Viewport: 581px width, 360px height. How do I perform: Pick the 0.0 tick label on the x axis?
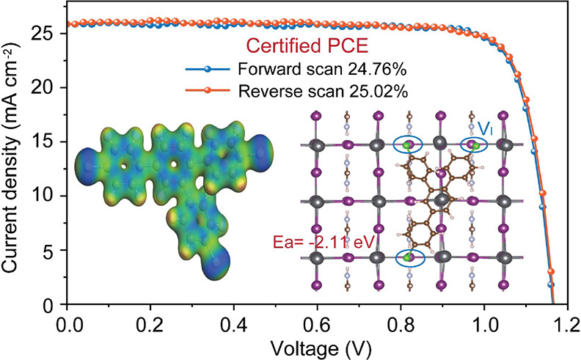[x=67, y=322]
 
